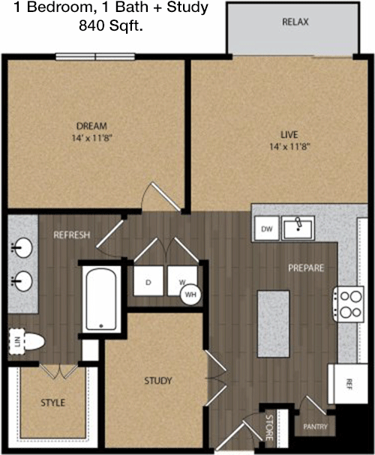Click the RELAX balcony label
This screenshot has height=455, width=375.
pyautogui.click(x=295, y=22)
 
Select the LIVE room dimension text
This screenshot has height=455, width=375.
pyautogui.click(x=290, y=147)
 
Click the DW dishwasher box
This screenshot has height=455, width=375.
pyautogui.click(x=267, y=229)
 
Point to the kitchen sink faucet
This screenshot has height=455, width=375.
pyautogui.click(x=298, y=223)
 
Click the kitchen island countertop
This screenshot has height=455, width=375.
pyautogui.click(x=274, y=324)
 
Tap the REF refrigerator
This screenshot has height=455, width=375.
pyautogui.click(x=348, y=384)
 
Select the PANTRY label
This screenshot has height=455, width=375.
pyautogui.click(x=315, y=427)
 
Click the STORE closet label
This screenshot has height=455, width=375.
pyautogui.click(x=269, y=427)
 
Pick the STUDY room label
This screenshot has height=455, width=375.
pyautogui.click(x=158, y=381)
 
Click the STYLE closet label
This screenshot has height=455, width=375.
pyautogui.click(x=52, y=403)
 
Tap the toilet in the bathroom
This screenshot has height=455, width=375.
pyautogui.click(x=27, y=342)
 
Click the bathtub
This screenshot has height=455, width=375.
pyautogui.click(x=101, y=299)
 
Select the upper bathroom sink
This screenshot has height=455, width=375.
pyautogui.click(x=22, y=247)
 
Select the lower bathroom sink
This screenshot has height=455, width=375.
pyautogui.click(x=22, y=281)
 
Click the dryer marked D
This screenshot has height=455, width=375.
pyautogui.click(x=148, y=281)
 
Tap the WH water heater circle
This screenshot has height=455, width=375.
pyautogui.click(x=190, y=295)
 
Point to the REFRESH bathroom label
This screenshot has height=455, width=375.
pyautogui.click(x=72, y=235)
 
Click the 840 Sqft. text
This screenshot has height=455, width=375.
pyautogui.click(x=111, y=26)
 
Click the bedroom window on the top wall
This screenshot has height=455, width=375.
pyautogui.click(x=95, y=56)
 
